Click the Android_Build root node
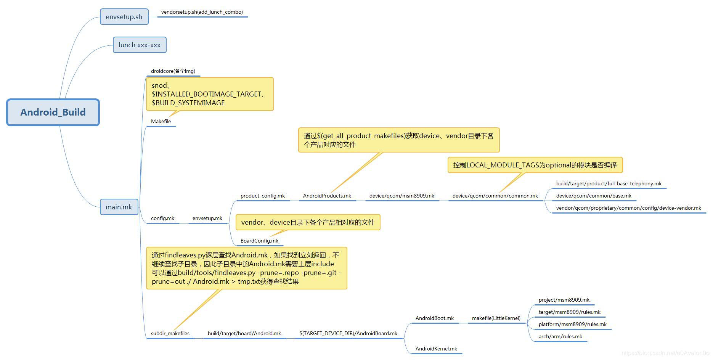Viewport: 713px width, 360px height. tap(53, 112)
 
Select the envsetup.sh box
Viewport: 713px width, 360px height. tap(124, 17)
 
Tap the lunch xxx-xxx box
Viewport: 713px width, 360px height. tap(140, 45)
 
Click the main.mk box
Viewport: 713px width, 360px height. tap(119, 207)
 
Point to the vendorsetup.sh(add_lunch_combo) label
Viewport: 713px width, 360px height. tap(202, 12)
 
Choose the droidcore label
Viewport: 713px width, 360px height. tap(173, 71)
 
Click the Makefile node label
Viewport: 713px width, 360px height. tap(161, 121)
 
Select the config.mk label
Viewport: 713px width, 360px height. tap(162, 218)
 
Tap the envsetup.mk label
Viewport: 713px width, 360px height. tap(207, 218)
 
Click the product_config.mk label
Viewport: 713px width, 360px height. tap(263, 196)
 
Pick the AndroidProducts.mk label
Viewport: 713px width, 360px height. tap(327, 196)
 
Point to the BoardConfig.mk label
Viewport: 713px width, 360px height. tap(259, 241)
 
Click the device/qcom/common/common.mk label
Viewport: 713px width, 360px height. tap(495, 196)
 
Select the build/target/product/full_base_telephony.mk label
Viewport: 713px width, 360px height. tap(609, 183)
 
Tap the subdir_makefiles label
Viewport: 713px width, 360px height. tap(170, 333)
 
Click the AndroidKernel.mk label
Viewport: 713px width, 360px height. tap(436, 349)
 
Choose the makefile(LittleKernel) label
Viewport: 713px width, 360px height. tap(496, 318)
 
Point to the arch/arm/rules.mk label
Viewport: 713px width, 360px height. tap(560, 336)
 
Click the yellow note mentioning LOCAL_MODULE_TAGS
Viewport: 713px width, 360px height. tap(535, 165)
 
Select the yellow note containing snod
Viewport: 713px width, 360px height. tap(210, 94)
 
